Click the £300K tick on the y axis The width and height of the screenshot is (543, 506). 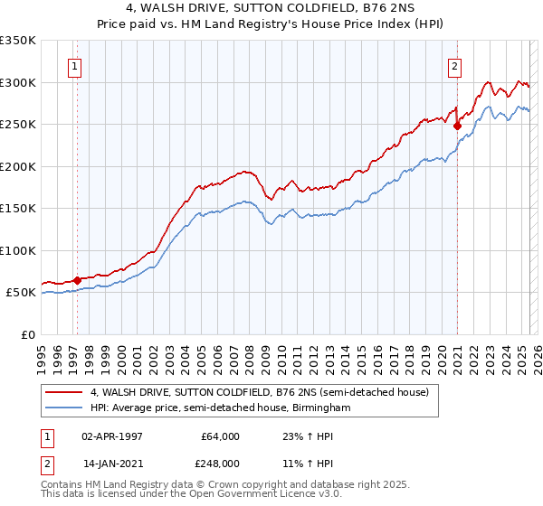coord(18,82)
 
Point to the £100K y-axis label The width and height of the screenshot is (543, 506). coord(18,250)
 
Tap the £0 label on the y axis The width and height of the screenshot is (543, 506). coord(27,334)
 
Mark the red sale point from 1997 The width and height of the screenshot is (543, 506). coord(77,280)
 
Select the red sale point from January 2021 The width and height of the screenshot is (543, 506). coord(457,126)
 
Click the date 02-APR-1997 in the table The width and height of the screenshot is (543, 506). coord(112,436)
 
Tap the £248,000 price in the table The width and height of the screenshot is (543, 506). coord(221,464)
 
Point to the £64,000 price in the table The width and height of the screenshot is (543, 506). coord(221,436)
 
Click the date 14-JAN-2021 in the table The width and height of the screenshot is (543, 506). coord(112,464)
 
